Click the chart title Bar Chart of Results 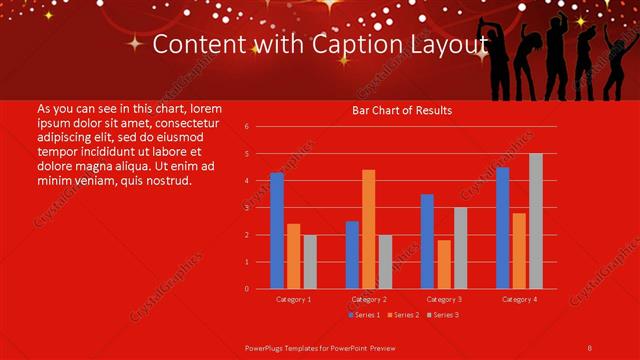(x=401, y=110)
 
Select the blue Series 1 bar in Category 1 (x=277, y=231)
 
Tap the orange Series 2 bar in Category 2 (x=368, y=229)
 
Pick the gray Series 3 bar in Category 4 (x=536, y=221)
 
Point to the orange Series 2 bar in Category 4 (x=519, y=251)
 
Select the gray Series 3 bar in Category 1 (x=310, y=262)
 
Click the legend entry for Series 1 (x=363, y=315)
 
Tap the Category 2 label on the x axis (x=369, y=299)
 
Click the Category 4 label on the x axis (x=519, y=299)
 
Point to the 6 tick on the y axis (x=246, y=127)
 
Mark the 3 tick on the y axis (x=246, y=208)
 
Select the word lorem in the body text (x=205, y=107)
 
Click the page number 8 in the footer (x=590, y=347)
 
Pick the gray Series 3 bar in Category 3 (x=460, y=248)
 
